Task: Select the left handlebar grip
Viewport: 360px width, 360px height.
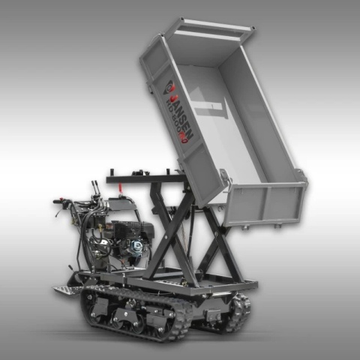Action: click(x=60, y=201)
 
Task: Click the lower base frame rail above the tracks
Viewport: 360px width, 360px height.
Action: click(x=172, y=289)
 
